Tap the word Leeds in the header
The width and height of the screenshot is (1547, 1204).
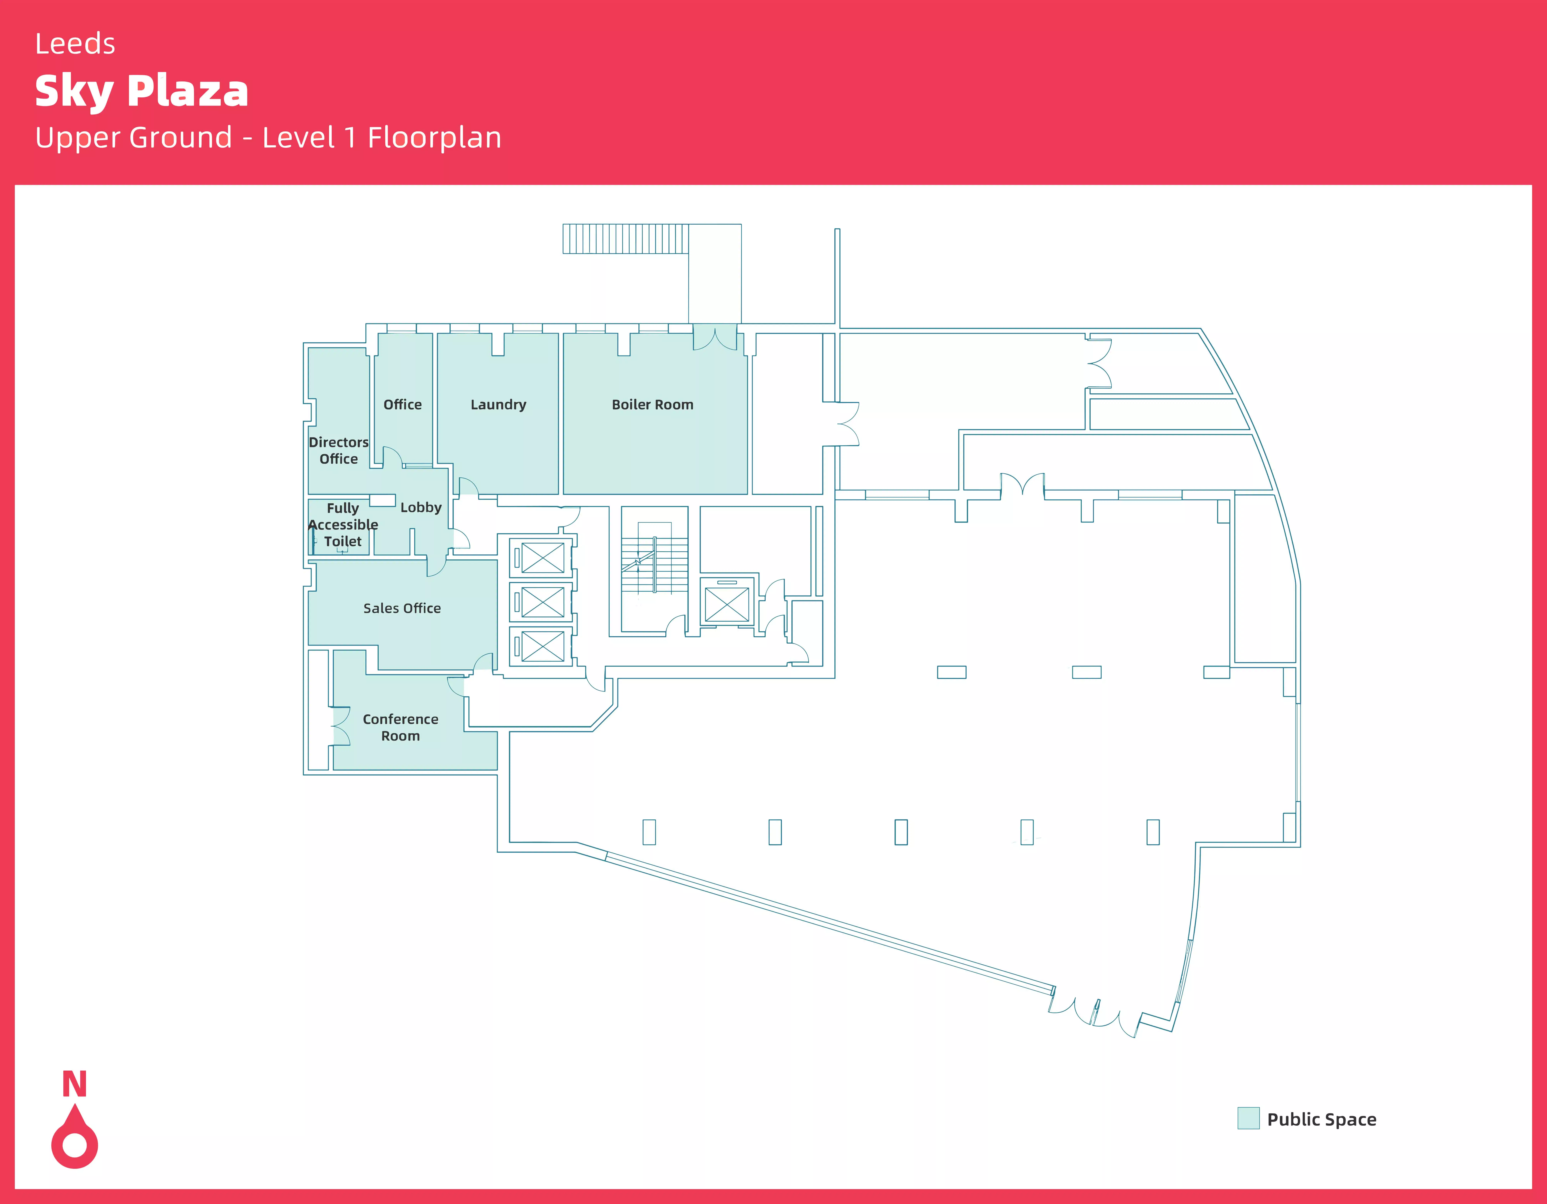[x=75, y=44]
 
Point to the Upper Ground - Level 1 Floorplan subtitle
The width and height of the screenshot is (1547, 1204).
[x=268, y=137]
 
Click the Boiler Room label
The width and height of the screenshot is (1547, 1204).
[x=652, y=405]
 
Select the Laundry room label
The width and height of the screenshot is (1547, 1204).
[x=498, y=405]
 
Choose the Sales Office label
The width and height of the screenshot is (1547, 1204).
[x=402, y=608]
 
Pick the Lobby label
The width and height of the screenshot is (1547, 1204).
[x=421, y=507]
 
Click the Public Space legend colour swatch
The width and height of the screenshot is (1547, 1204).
[x=1248, y=1118]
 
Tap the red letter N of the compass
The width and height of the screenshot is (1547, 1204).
[x=74, y=1084]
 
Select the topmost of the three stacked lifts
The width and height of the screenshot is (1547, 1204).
[x=543, y=558]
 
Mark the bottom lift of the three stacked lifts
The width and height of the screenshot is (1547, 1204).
[x=543, y=646]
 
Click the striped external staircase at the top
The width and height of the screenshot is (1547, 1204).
[x=625, y=239]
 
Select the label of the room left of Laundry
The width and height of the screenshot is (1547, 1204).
[x=402, y=405]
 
